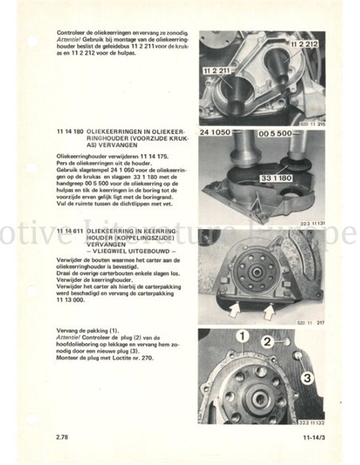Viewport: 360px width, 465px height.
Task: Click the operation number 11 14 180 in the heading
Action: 72,129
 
